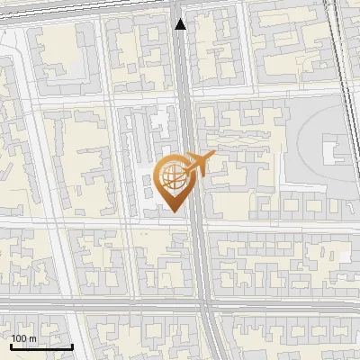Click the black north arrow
click(x=181, y=23)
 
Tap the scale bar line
click(x=41, y=346)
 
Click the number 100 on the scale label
click(x=19, y=338)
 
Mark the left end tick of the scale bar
click(x=12, y=346)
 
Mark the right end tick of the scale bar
click(x=72, y=346)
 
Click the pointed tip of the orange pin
click(x=174, y=212)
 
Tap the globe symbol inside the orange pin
click(x=174, y=176)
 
